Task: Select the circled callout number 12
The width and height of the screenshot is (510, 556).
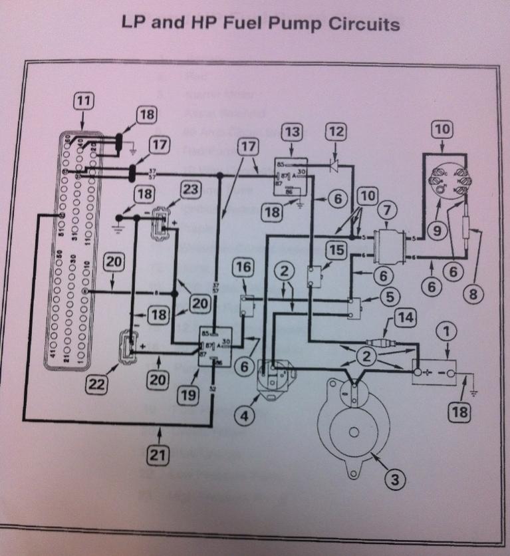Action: click(x=336, y=132)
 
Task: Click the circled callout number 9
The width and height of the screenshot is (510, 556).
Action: click(x=436, y=231)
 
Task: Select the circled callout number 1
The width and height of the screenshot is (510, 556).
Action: click(x=447, y=330)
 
